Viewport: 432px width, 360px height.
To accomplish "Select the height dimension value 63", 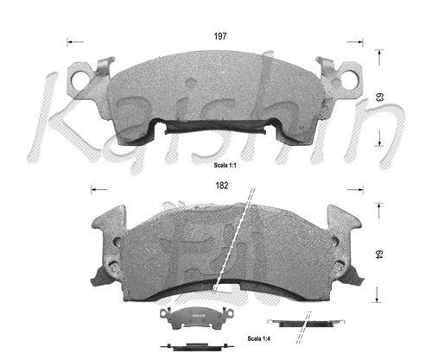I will [379, 99].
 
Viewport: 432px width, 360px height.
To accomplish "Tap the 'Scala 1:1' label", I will [228, 163].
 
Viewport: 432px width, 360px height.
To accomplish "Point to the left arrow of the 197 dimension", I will [72, 41].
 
